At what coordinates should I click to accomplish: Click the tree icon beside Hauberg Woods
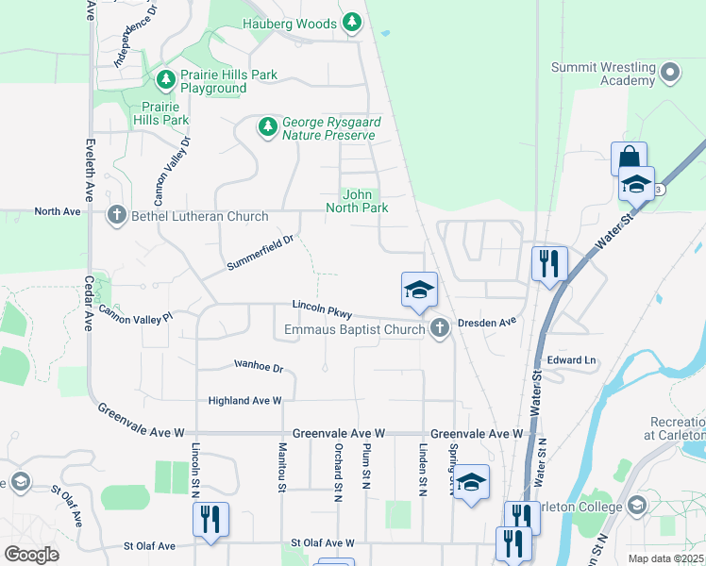[352, 22]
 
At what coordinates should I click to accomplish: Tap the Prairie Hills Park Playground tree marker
[166, 77]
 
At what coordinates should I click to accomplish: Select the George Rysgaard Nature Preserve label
[328, 129]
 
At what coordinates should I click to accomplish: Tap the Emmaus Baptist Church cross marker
[438, 329]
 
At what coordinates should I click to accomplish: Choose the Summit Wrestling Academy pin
[670, 72]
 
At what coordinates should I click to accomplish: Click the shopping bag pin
[629, 158]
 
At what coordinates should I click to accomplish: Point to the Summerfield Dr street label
[261, 254]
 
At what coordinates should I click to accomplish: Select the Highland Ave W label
[245, 401]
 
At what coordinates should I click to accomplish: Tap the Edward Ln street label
[572, 360]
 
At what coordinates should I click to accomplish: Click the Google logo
[31, 555]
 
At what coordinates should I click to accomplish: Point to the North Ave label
[58, 211]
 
